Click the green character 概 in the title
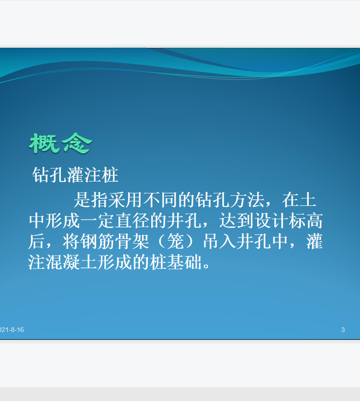(x=43, y=143)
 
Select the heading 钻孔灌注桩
(x=75, y=175)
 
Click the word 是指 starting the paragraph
(x=91, y=199)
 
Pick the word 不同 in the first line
(x=160, y=199)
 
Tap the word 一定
(x=97, y=221)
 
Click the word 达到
(x=236, y=221)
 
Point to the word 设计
(x=271, y=221)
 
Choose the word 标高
(x=306, y=221)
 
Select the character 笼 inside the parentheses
(x=176, y=241)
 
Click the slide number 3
(x=343, y=330)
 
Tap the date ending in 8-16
(x=12, y=330)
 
